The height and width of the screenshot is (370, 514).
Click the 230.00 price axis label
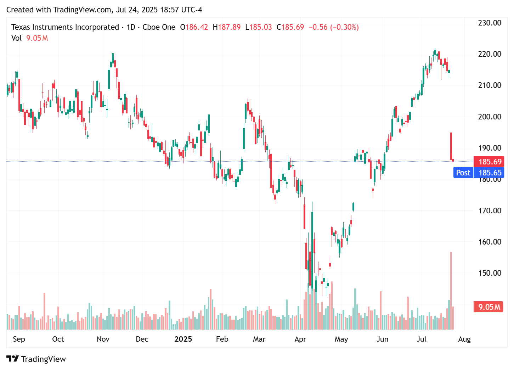pyautogui.click(x=490, y=23)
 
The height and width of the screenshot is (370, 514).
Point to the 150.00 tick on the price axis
pyautogui.click(x=490, y=273)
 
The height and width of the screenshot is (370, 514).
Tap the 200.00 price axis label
pyautogui.click(x=490, y=117)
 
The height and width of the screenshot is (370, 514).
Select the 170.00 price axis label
pyautogui.click(x=490, y=211)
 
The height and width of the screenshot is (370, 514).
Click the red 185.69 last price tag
pyautogui.click(x=490, y=162)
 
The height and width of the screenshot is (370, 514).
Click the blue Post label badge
pyautogui.click(x=463, y=173)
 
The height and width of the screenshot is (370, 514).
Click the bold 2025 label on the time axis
pyautogui.click(x=183, y=339)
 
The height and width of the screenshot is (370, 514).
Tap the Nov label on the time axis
pyautogui.click(x=103, y=339)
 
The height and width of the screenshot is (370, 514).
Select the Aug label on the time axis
pyautogui.click(x=464, y=339)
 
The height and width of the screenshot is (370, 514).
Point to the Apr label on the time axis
pyautogui.click(x=300, y=339)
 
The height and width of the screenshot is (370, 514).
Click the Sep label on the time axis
pyautogui.click(x=19, y=339)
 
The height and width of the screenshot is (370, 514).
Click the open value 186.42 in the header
pyautogui.click(x=197, y=27)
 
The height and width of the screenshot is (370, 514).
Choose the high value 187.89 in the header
pyautogui.click(x=229, y=27)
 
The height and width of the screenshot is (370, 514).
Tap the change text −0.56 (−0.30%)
pyautogui.click(x=333, y=27)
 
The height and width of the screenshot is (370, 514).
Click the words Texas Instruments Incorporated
pyautogui.click(x=65, y=27)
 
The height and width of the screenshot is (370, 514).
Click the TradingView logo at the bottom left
pyautogui.click(x=36, y=359)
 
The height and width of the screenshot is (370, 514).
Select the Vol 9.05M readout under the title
pyautogui.click(x=30, y=38)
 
